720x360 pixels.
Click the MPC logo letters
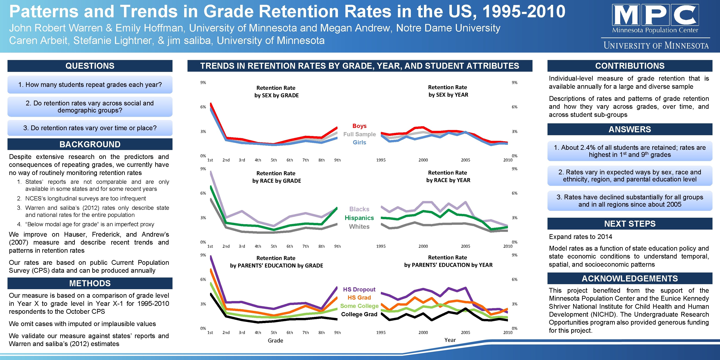(655, 15)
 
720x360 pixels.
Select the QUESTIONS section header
(90, 66)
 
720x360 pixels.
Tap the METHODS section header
(90, 283)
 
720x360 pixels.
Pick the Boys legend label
(359, 126)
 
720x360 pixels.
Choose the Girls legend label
(359, 142)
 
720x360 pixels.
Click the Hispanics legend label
(359, 218)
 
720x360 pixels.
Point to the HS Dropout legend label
(359, 289)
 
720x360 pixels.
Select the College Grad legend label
(359, 314)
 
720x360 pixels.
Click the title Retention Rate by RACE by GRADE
(276, 177)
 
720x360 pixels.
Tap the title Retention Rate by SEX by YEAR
(448, 91)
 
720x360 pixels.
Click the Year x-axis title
(450, 340)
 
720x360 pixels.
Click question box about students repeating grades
(90, 85)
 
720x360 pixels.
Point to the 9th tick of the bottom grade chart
(337, 333)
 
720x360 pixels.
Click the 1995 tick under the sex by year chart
(381, 160)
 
